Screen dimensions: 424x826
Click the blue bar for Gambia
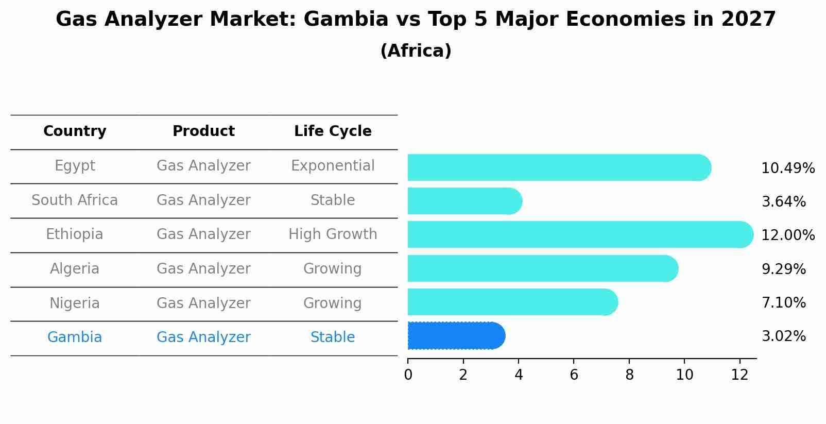(456, 336)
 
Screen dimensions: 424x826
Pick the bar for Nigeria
(512, 302)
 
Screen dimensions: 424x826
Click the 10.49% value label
(787, 168)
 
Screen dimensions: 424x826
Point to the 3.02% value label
(783, 336)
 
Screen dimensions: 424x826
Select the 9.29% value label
(783, 269)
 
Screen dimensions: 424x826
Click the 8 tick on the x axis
(629, 375)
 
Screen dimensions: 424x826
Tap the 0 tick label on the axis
(408, 375)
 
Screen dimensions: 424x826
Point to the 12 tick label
(739, 375)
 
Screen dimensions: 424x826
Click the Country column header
(75, 131)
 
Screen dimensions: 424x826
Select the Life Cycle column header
(333, 131)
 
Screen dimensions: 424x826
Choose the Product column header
(203, 131)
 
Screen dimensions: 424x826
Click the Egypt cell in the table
(75, 166)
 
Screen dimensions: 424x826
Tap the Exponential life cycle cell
(333, 166)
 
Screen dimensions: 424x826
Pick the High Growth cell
(333, 234)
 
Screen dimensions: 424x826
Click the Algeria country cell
(75, 269)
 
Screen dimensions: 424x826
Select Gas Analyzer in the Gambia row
(203, 337)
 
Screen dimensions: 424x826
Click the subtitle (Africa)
(416, 51)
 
